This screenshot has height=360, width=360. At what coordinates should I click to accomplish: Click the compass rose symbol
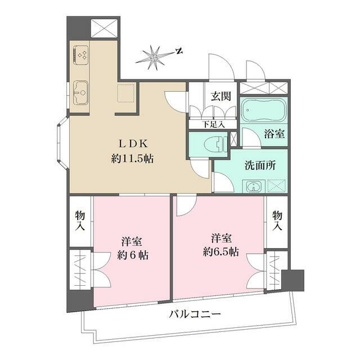154,57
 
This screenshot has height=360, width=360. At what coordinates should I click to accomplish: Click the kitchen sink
80,89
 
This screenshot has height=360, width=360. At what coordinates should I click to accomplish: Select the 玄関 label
220,96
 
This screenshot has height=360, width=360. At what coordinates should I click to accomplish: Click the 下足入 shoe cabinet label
213,124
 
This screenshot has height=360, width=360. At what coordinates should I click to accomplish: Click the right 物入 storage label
277,220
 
